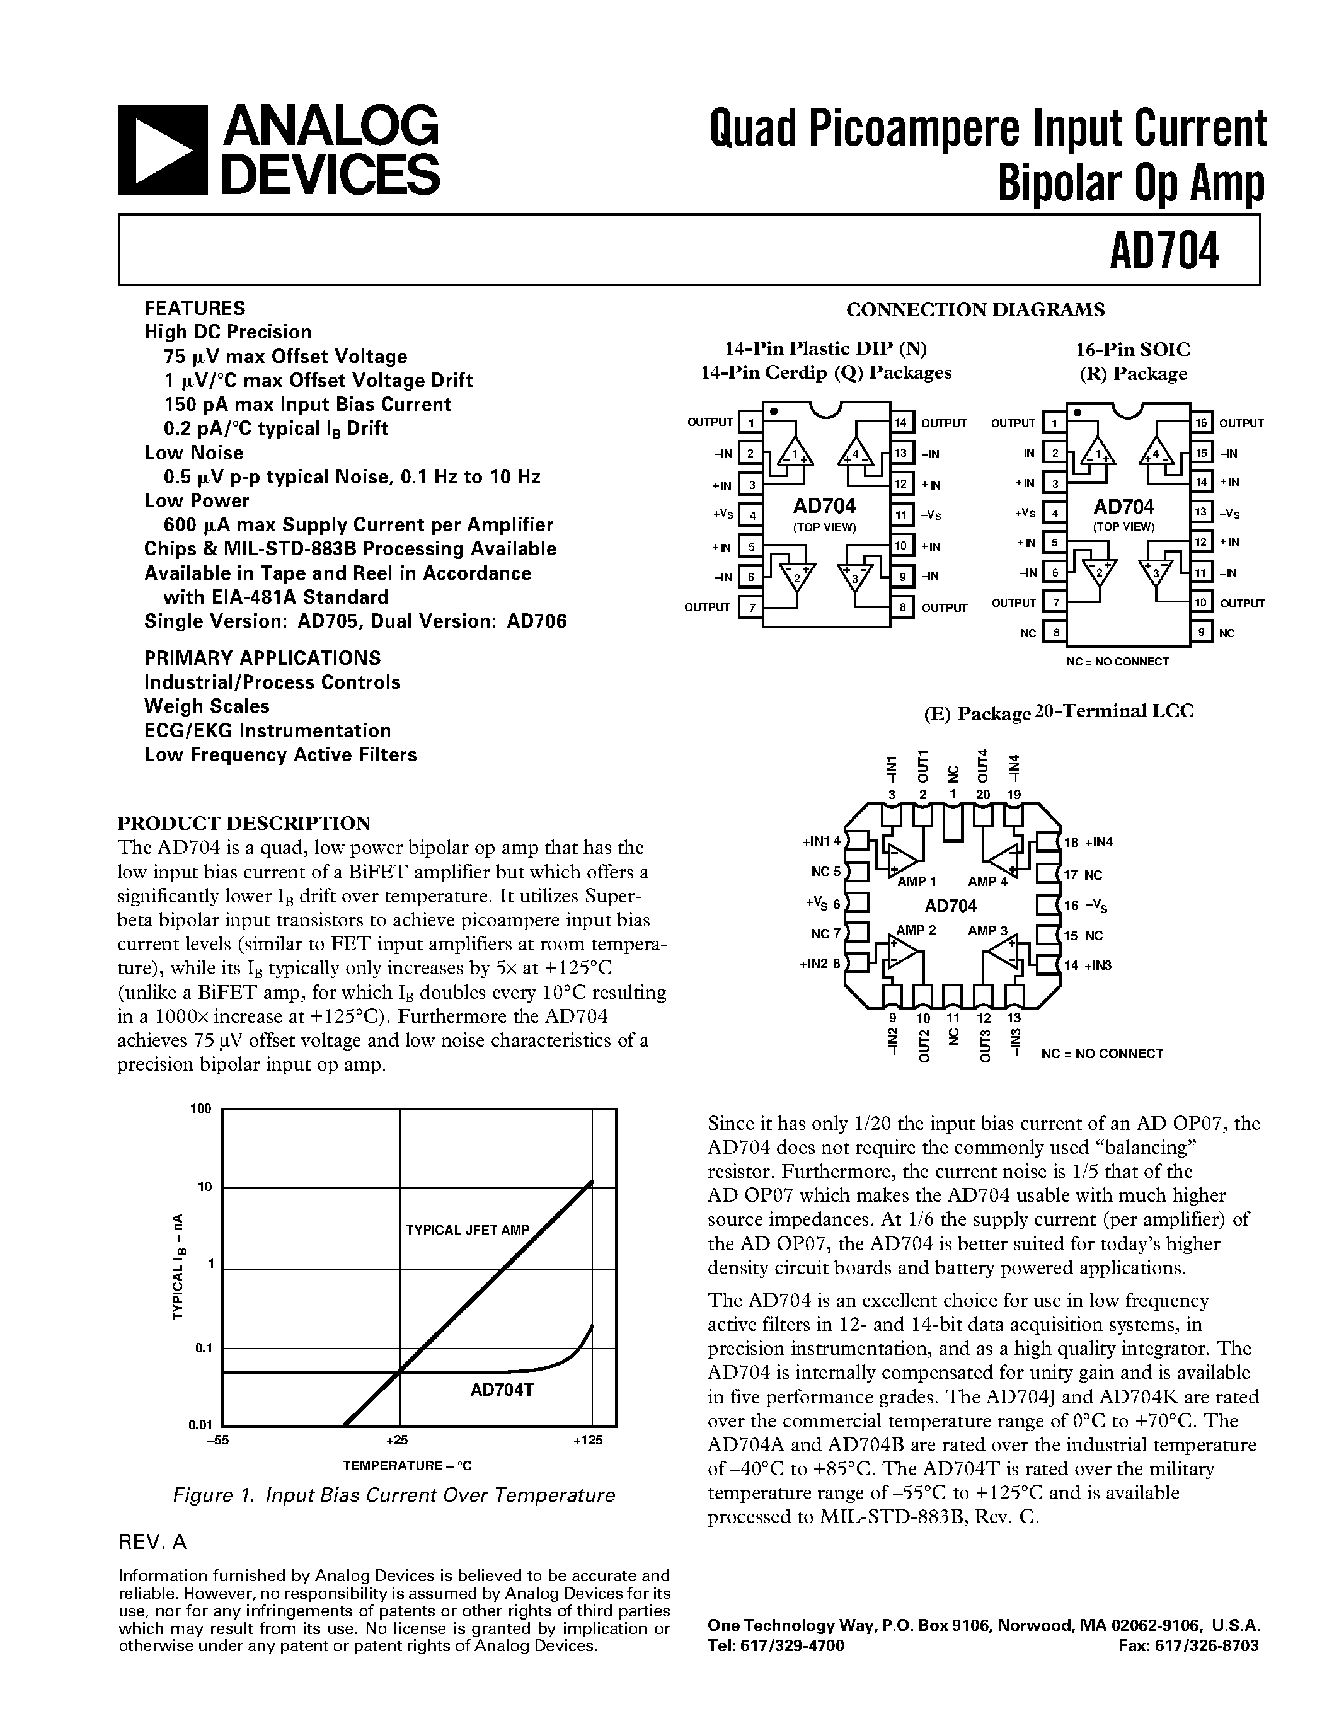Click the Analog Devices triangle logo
(x=163, y=150)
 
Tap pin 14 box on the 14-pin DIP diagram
(x=901, y=422)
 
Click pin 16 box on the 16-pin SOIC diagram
(x=1201, y=423)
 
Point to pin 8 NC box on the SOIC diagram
(x=1054, y=633)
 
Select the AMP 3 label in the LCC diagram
(x=987, y=930)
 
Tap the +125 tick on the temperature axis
(x=588, y=1440)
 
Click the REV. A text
(x=152, y=1542)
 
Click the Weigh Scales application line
(x=207, y=706)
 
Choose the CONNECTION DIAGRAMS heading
(x=975, y=309)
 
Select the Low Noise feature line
(x=193, y=453)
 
